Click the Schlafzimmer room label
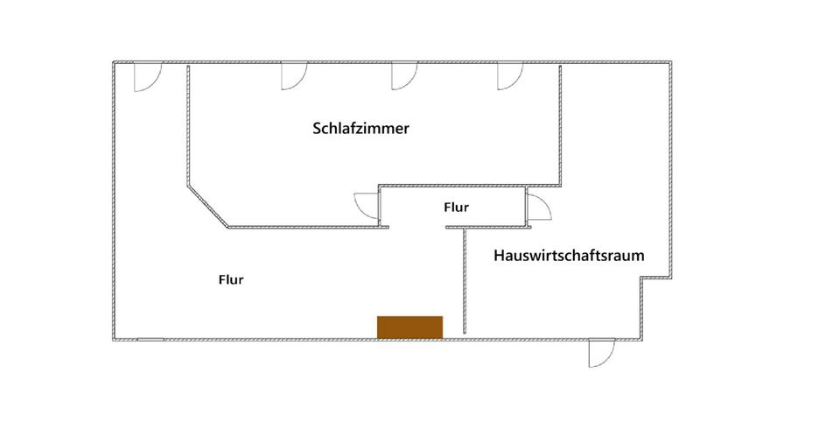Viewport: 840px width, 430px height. click(361, 129)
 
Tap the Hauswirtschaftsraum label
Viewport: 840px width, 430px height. click(569, 257)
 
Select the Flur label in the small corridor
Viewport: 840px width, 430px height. click(456, 208)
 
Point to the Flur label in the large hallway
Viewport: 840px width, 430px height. click(230, 280)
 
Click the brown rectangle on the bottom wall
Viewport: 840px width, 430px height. click(409, 326)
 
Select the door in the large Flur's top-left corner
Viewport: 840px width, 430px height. click(145, 79)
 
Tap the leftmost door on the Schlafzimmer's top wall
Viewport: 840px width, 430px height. click(292, 78)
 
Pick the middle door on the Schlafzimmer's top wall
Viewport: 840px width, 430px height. click(402, 78)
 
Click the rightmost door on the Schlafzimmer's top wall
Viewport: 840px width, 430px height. click(508, 78)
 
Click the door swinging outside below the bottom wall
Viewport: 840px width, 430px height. click(600, 352)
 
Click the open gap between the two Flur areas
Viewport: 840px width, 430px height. click(417, 227)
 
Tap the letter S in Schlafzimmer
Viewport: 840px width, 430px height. click(317, 129)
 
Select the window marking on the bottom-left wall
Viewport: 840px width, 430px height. click(150, 338)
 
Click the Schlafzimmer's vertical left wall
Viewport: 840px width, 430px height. click(187, 127)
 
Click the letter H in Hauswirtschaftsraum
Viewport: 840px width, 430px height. click(499, 257)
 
